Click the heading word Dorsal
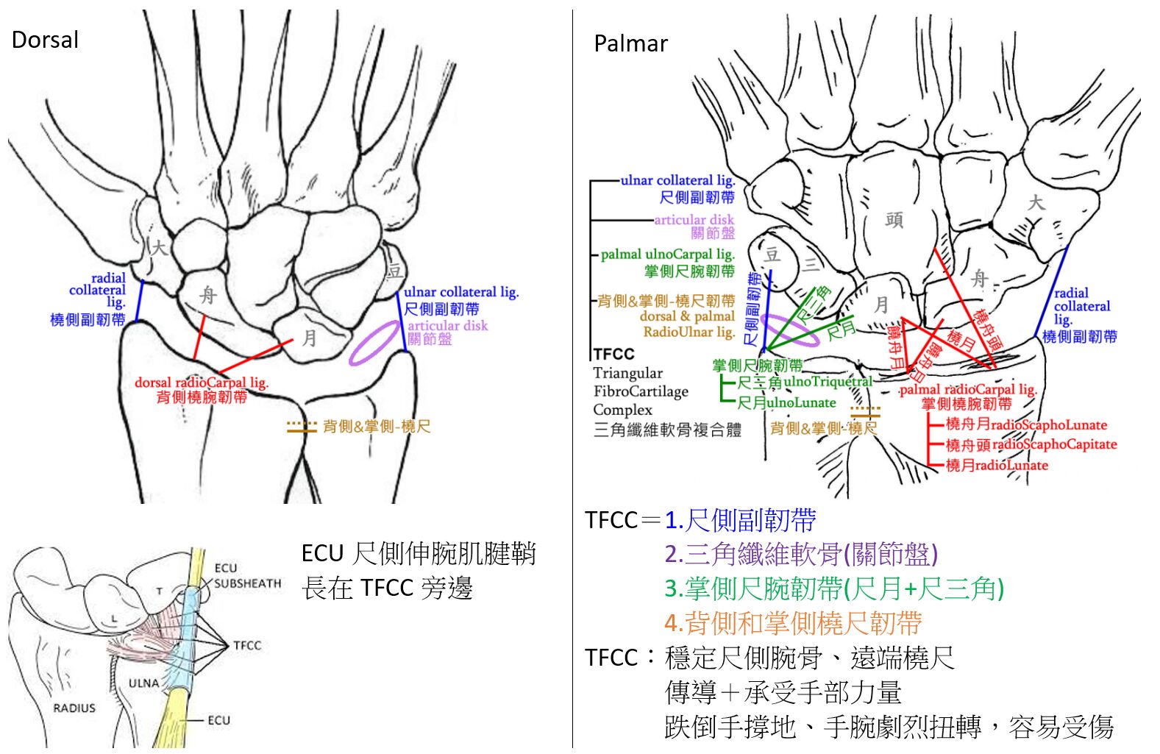[x=45, y=40]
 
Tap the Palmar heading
[x=630, y=44]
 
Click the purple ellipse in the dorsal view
[x=375, y=343]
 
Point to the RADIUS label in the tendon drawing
[x=74, y=708]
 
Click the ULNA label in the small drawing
[x=143, y=683]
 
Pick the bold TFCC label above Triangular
[x=613, y=354]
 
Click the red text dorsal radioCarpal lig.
[x=202, y=383]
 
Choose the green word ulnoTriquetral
[x=828, y=381]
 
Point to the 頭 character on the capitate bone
[x=894, y=220]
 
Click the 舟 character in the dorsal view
[x=208, y=296]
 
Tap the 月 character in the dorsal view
[x=309, y=338]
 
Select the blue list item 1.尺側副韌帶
[x=740, y=521]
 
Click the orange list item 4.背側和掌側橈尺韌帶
[x=793, y=623]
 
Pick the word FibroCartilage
[x=641, y=391]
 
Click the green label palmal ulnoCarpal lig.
[x=667, y=255]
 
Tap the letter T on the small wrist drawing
[x=159, y=591]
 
